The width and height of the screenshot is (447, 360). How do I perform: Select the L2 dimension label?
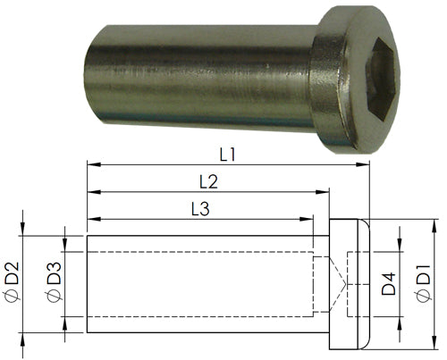[208, 180]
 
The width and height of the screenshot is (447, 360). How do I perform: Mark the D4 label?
[387, 285]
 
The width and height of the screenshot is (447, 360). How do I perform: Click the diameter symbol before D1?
[423, 301]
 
